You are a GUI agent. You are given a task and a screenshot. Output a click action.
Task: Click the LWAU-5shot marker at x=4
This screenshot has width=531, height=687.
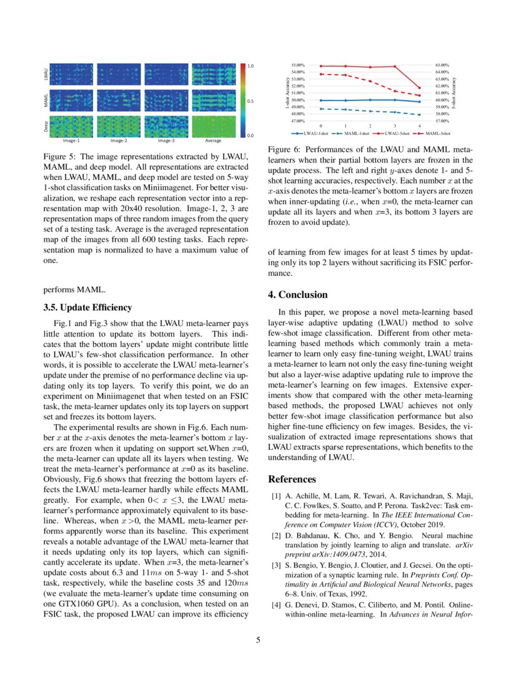419,88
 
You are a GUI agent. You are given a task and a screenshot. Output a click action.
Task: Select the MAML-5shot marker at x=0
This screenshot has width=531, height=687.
321,74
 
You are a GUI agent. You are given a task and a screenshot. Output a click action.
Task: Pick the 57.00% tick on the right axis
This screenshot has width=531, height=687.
442,121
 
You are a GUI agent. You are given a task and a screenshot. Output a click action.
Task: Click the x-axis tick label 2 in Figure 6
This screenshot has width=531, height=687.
370,126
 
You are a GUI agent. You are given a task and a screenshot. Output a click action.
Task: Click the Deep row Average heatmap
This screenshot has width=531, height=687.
213,127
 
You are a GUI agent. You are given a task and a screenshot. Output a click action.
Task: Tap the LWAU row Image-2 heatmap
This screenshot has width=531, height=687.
119,74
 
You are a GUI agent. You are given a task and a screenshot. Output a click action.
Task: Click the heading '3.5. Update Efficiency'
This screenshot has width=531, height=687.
87,307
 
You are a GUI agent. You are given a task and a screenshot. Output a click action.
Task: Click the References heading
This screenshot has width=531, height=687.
292,480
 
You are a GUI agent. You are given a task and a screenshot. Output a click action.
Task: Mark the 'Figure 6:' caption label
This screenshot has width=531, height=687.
284,151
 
